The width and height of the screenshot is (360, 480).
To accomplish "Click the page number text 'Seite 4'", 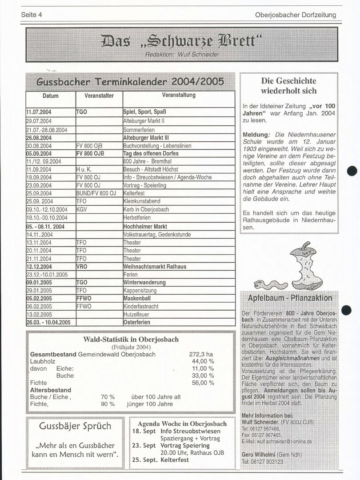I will click(32, 15).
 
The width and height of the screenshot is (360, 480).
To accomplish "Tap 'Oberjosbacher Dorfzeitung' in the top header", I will click(296, 15).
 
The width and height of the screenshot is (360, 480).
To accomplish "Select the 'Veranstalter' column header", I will click(99, 96).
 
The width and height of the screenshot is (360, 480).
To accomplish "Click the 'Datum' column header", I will click(51, 96).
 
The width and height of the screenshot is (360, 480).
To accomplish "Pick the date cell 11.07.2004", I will click(39, 112).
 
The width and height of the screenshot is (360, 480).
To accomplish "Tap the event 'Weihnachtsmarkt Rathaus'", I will click(155, 267).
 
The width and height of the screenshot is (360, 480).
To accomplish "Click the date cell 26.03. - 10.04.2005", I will click(48, 322).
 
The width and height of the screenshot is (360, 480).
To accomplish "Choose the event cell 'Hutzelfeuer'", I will click(136, 314).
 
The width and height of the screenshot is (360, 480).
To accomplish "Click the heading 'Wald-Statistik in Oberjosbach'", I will click(131, 340).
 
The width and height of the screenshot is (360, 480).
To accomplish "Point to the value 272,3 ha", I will click(201, 354).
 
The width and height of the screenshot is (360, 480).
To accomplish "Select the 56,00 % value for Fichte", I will click(203, 383).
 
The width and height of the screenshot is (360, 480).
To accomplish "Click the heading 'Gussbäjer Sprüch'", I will click(75, 426).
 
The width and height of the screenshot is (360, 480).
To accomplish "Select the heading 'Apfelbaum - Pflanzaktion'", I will click(290, 298).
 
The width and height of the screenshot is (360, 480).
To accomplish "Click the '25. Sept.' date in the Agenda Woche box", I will click(144, 460).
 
